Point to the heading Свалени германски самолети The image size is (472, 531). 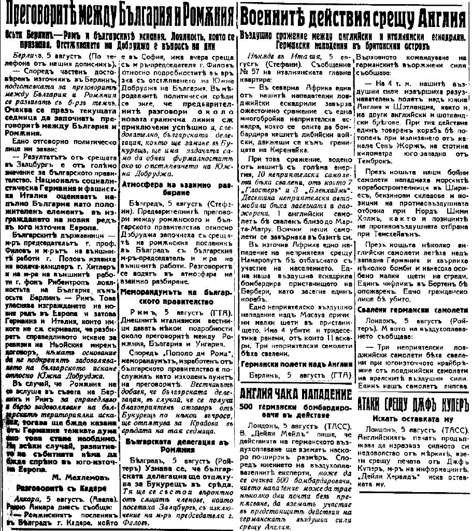pyautogui.click(x=412, y=310)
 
